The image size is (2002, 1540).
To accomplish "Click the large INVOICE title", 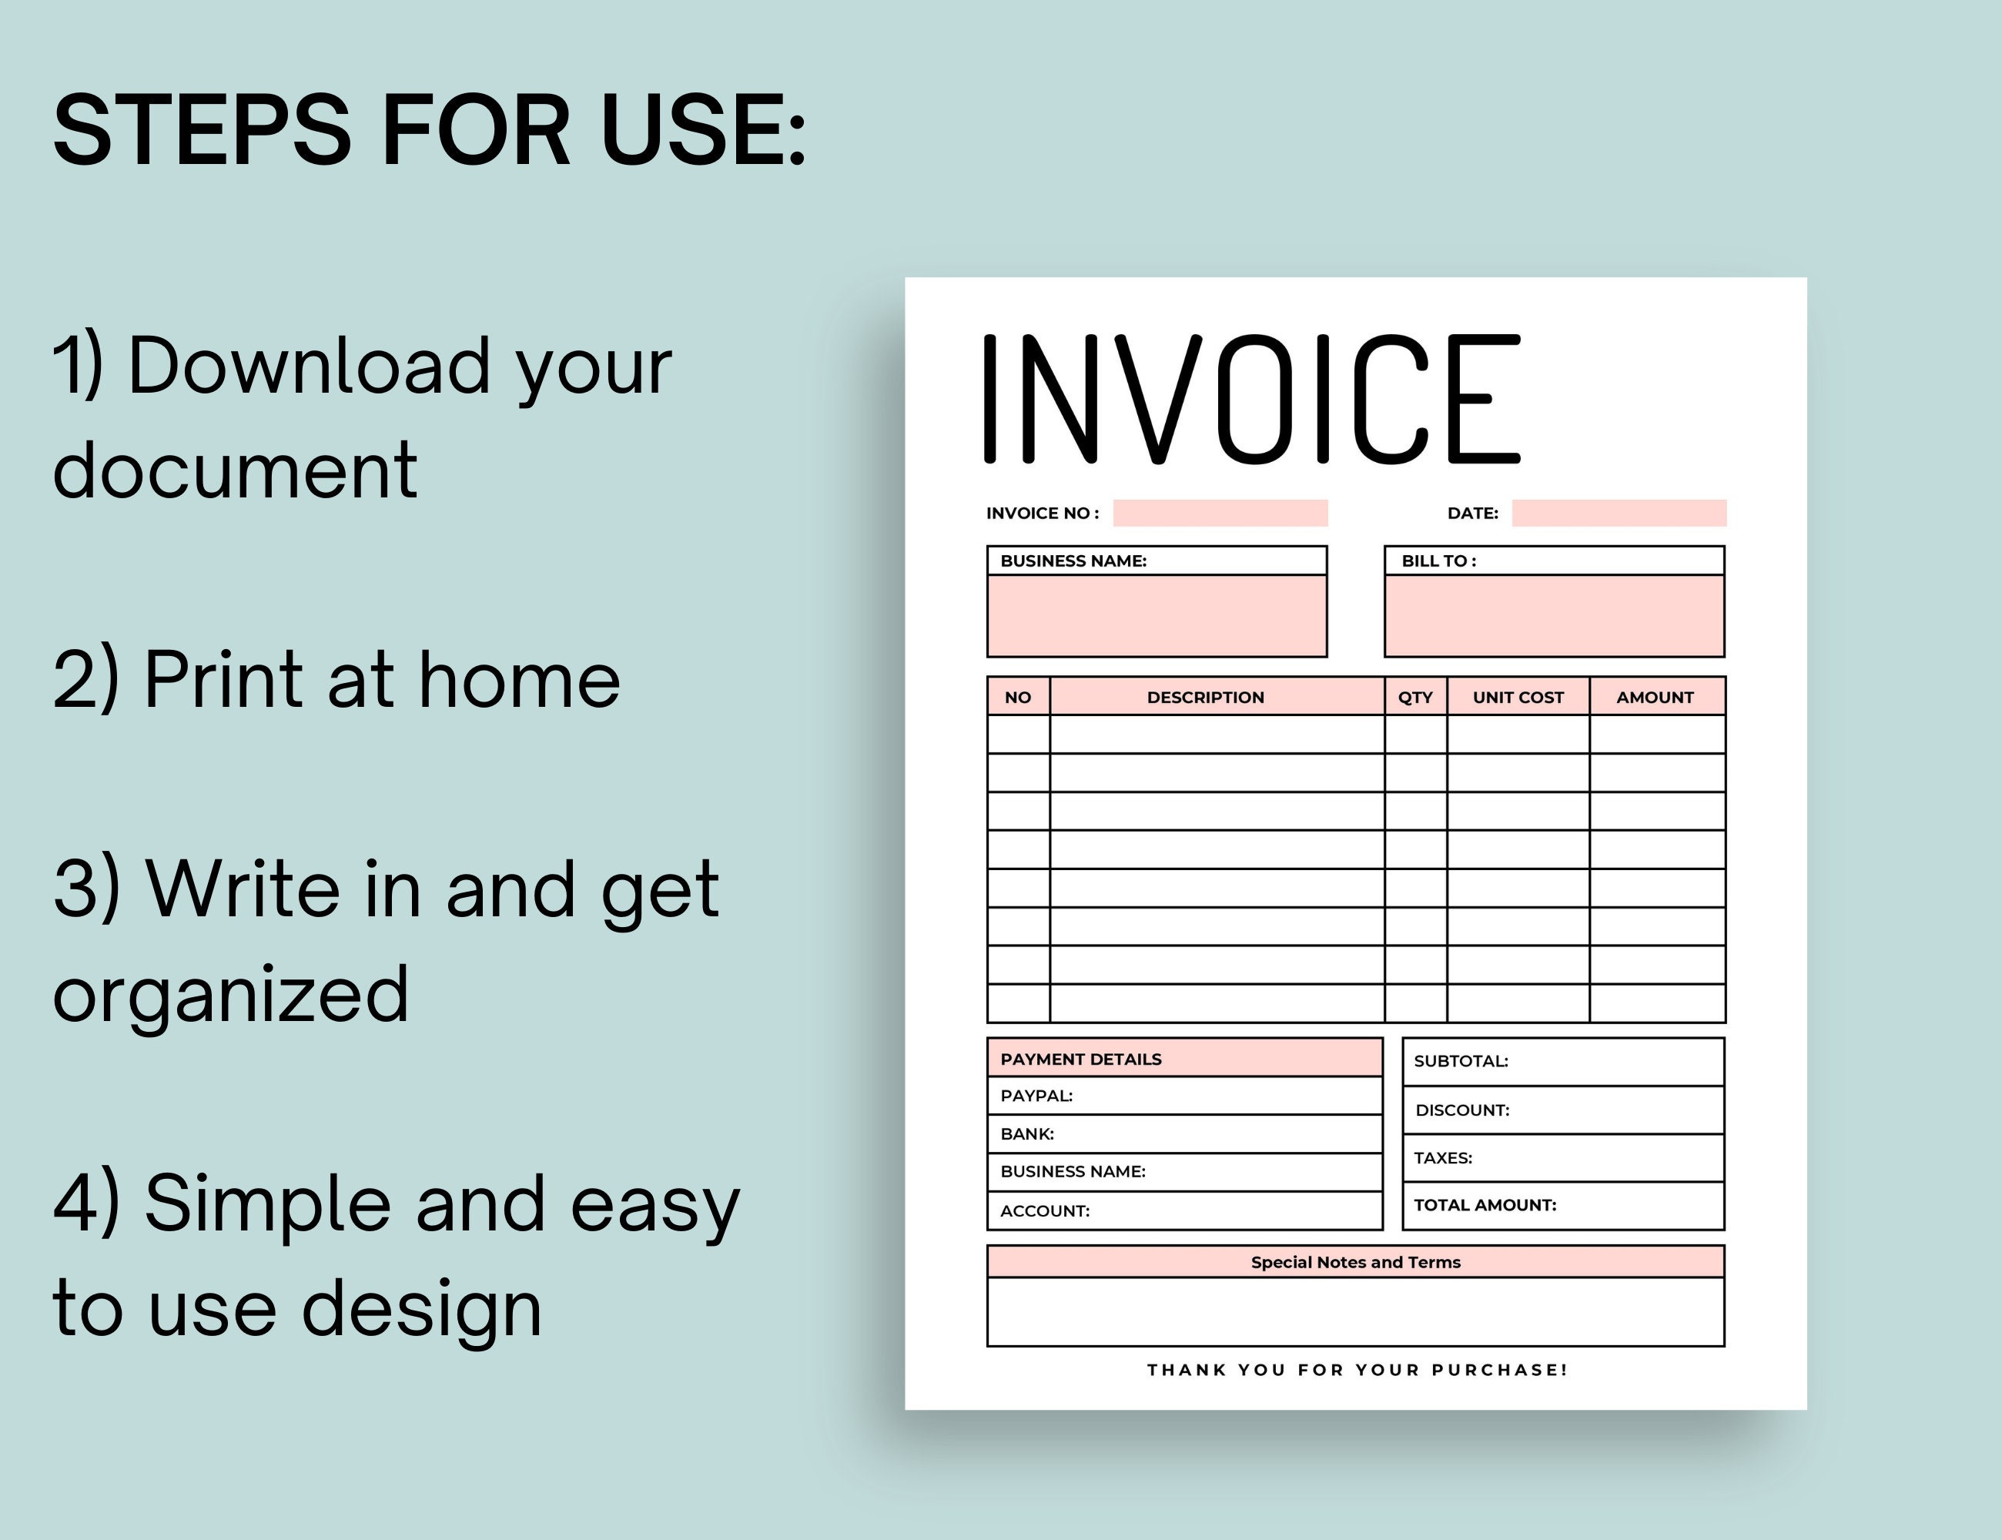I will [x=1251, y=399].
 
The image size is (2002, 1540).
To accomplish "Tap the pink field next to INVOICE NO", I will [x=1220, y=514].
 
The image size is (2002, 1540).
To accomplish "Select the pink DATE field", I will [x=1619, y=514].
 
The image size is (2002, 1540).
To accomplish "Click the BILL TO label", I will [x=1438, y=561].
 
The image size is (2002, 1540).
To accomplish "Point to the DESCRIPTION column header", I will [x=1205, y=698].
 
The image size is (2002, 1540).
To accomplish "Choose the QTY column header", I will [x=1414, y=698].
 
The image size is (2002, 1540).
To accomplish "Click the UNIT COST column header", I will [x=1518, y=698].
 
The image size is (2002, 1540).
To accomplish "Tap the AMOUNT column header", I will [x=1655, y=698].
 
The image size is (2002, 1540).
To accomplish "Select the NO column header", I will [x=1017, y=698].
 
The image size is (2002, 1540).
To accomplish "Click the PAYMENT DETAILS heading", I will [x=1081, y=1060].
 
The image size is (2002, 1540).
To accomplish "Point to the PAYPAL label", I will [x=1036, y=1096].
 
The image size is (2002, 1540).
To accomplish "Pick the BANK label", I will [x=1026, y=1134].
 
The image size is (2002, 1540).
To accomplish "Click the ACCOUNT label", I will [x=1045, y=1211].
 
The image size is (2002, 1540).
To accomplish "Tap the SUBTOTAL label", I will [x=1460, y=1062].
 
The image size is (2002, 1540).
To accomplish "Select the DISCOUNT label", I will [x=1462, y=1110].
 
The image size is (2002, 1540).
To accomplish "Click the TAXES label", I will [x=1443, y=1158].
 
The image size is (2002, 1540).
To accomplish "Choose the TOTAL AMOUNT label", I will [x=1485, y=1205].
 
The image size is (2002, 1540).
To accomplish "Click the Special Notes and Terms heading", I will [x=1356, y=1262].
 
